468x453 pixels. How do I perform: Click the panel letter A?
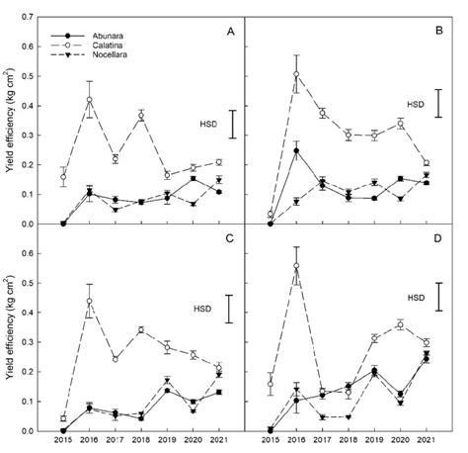(x=229, y=33)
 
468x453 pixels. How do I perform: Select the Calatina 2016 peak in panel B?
(x=297, y=74)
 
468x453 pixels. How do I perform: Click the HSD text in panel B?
(x=418, y=103)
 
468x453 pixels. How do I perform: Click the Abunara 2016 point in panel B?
(x=297, y=150)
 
